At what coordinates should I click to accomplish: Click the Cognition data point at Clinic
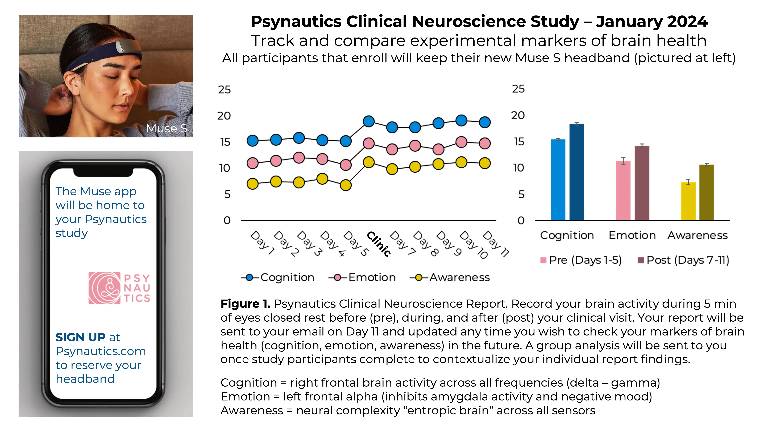pos(369,121)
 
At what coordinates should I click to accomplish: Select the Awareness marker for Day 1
pos(252,184)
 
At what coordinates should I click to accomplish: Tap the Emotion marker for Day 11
pos(485,143)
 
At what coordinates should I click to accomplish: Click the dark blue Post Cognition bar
pos(576,172)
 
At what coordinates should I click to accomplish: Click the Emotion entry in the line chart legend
pos(372,277)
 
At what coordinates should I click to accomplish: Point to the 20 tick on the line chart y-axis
pos(224,116)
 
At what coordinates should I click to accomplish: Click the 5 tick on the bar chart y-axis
pos(521,194)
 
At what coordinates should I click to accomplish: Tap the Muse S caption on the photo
pos(166,129)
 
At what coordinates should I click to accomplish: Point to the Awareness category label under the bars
pos(697,235)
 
